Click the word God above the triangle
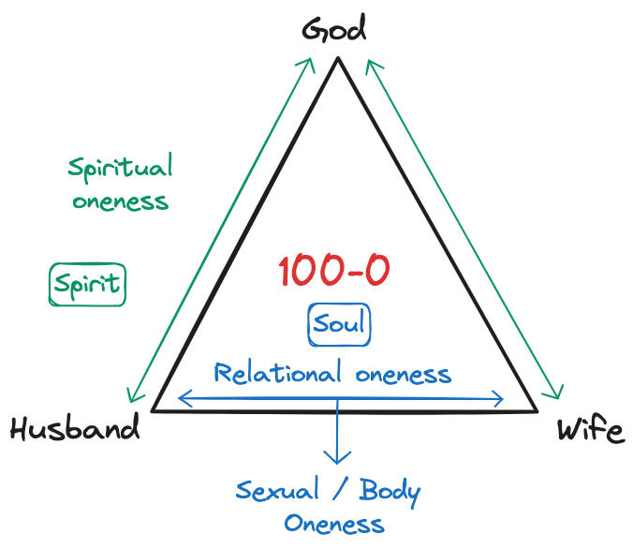334,30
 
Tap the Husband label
75,429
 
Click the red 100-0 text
334,271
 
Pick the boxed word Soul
339,325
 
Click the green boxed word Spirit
87,284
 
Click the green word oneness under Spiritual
120,201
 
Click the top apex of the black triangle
338,59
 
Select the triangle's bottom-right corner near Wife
537,410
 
